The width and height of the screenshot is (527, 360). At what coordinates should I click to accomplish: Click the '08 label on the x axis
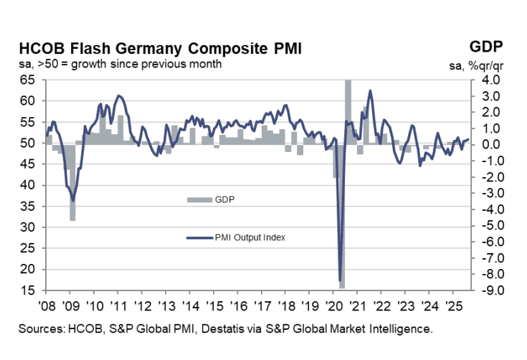pos(46,303)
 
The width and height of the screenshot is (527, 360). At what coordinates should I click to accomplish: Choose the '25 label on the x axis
pos(452,303)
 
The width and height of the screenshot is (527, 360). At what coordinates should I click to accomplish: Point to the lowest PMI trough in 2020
pos(339,280)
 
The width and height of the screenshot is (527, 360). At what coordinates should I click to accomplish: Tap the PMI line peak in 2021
pos(370,91)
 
